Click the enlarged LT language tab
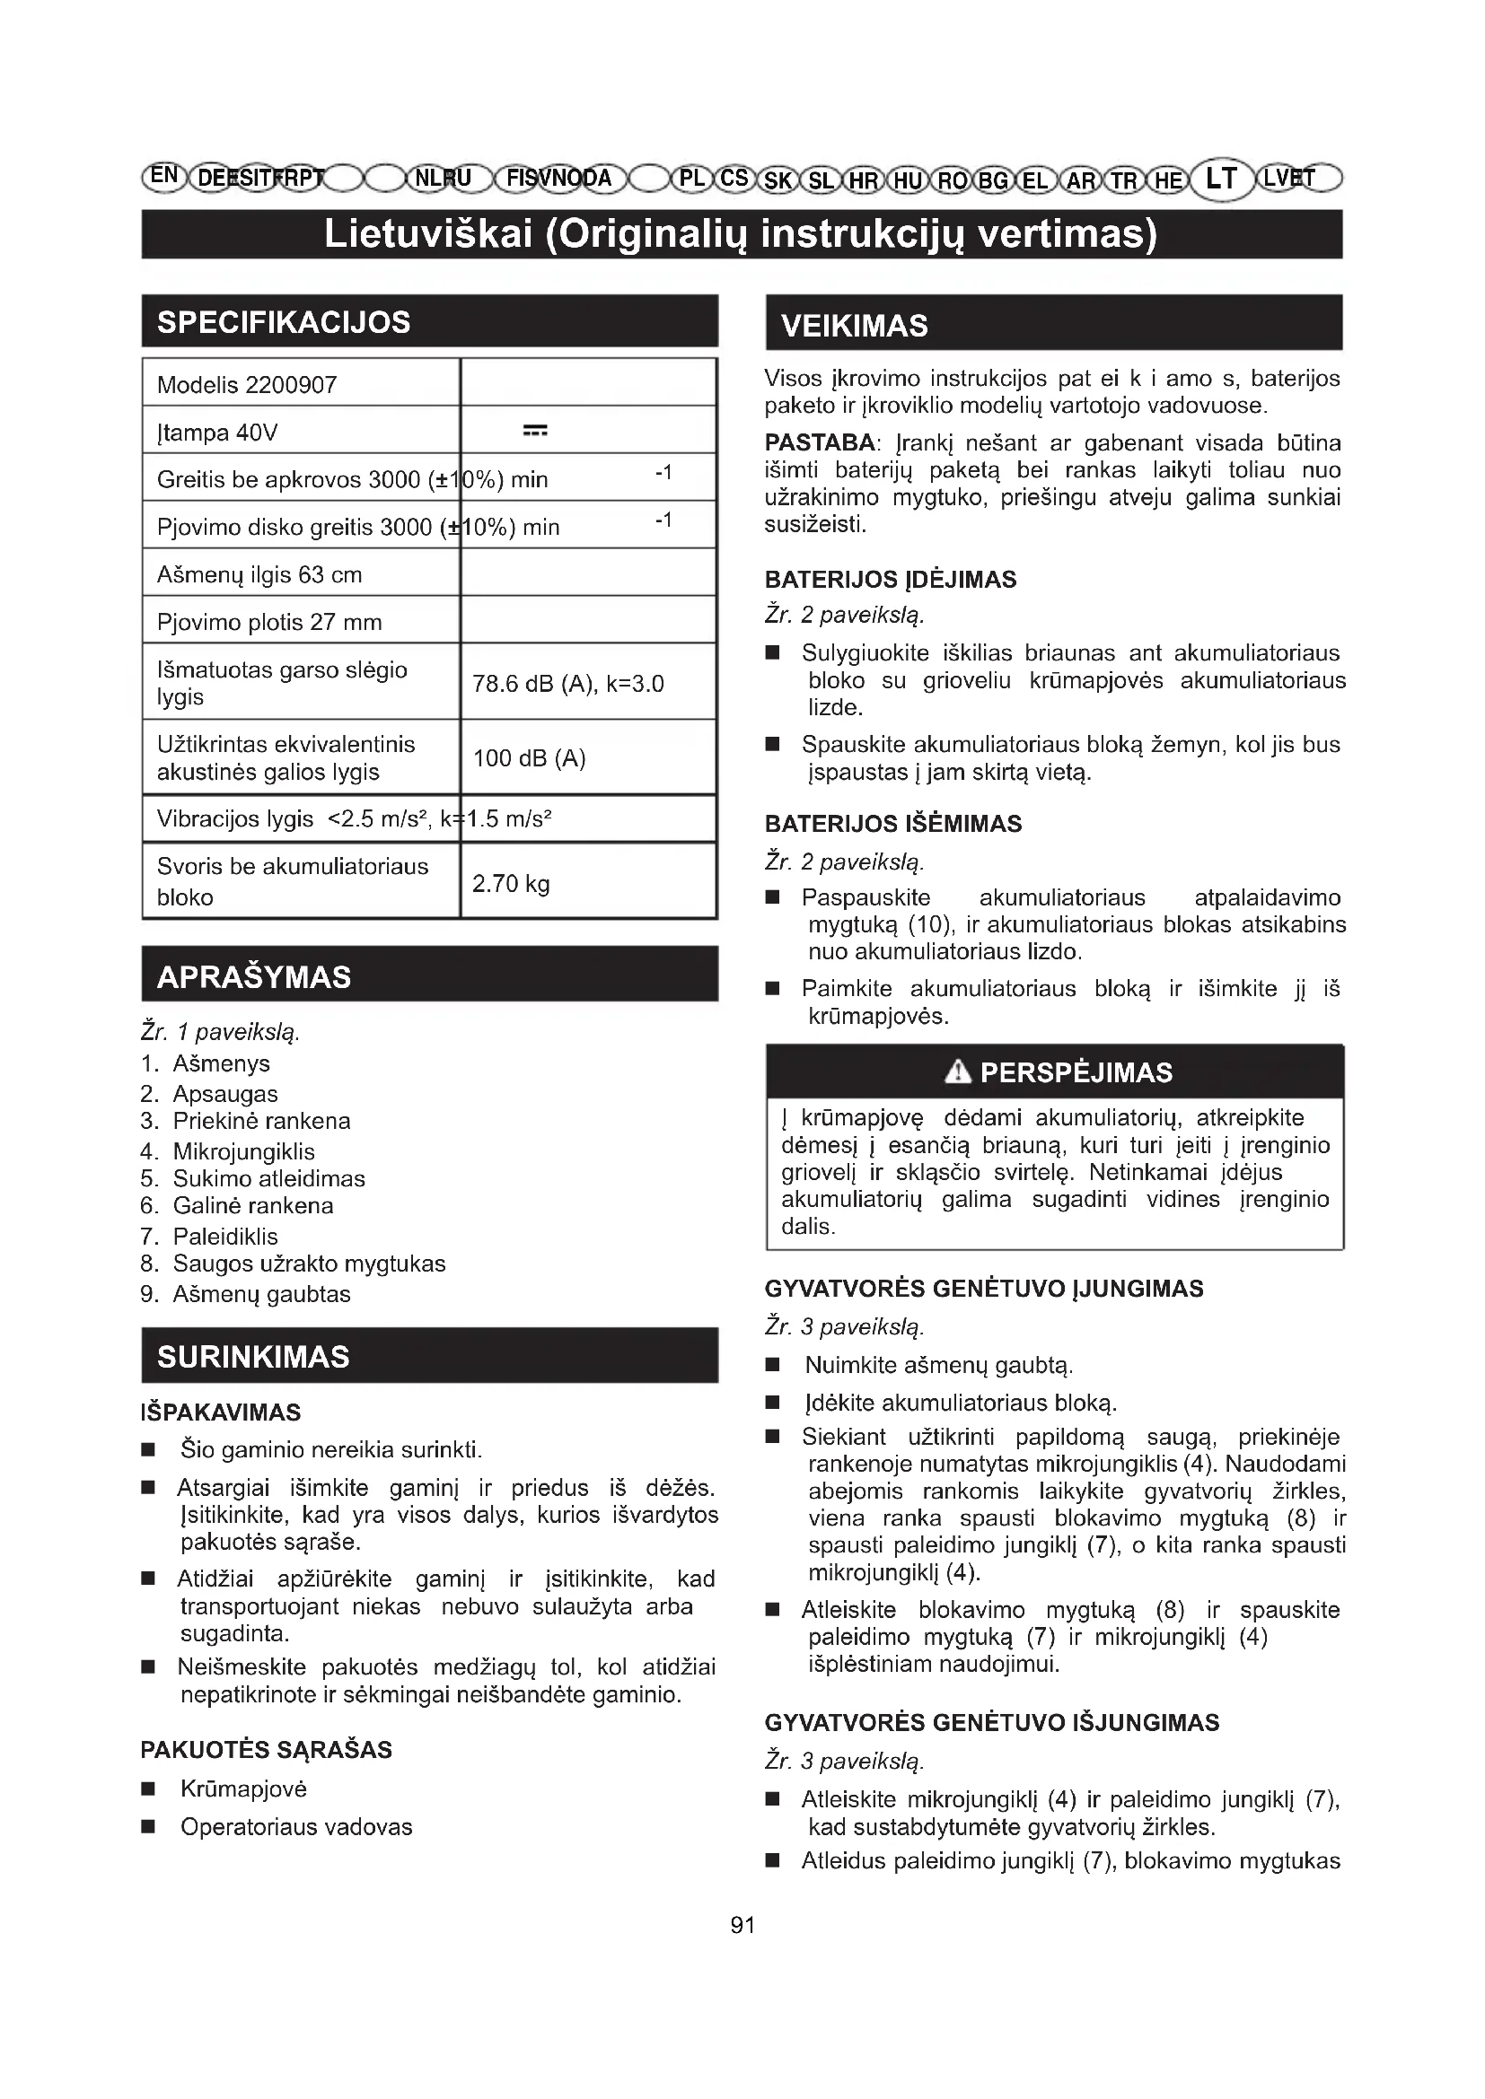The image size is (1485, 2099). pyautogui.click(x=1221, y=179)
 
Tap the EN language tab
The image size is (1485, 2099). pyautogui.click(x=163, y=177)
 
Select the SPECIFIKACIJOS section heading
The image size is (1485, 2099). pyautogui.click(x=284, y=323)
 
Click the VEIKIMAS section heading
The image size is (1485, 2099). pyautogui.click(x=854, y=326)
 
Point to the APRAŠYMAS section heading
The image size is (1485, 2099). pyautogui.click(x=253, y=976)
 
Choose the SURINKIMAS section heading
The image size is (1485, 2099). pyautogui.click(x=253, y=1357)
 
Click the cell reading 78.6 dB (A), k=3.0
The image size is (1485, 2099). pyautogui.click(x=567, y=684)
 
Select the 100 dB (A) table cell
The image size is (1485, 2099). pyautogui.click(x=529, y=758)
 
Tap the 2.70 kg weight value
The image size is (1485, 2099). pyautogui.click(x=510, y=884)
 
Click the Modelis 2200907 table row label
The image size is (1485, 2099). pyautogui.click(x=247, y=385)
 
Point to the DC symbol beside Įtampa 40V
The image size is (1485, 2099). pyautogui.click(x=535, y=431)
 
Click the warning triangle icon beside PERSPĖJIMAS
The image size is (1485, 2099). pyautogui.click(x=957, y=1071)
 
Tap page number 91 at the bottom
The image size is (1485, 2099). pyautogui.click(x=742, y=1925)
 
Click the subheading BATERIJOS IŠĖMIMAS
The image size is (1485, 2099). pyautogui.click(x=892, y=824)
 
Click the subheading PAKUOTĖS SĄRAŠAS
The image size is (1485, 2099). pyautogui.click(x=266, y=1750)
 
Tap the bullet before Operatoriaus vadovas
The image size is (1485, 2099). pyautogui.click(x=148, y=1827)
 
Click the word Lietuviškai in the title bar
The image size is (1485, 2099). pyautogui.click(x=428, y=234)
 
